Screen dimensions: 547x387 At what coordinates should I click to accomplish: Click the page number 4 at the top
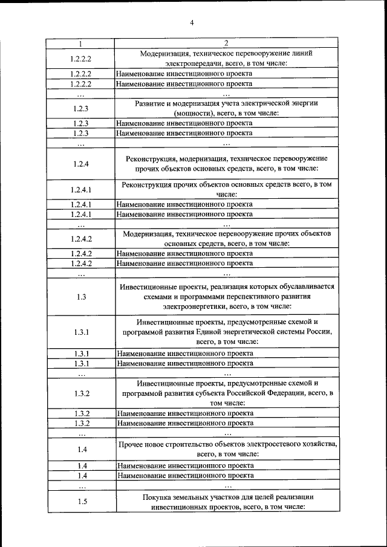point(192,23)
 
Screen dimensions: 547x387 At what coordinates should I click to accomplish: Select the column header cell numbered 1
point(81,44)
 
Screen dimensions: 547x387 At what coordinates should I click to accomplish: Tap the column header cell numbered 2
point(226,44)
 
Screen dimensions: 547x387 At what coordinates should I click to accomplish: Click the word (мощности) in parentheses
point(192,113)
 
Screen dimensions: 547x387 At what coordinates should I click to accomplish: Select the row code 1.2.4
point(81,164)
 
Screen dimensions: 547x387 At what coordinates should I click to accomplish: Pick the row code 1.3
point(81,297)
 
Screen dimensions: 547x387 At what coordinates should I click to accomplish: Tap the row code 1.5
point(81,501)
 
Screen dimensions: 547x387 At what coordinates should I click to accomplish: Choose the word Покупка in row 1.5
point(157,496)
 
